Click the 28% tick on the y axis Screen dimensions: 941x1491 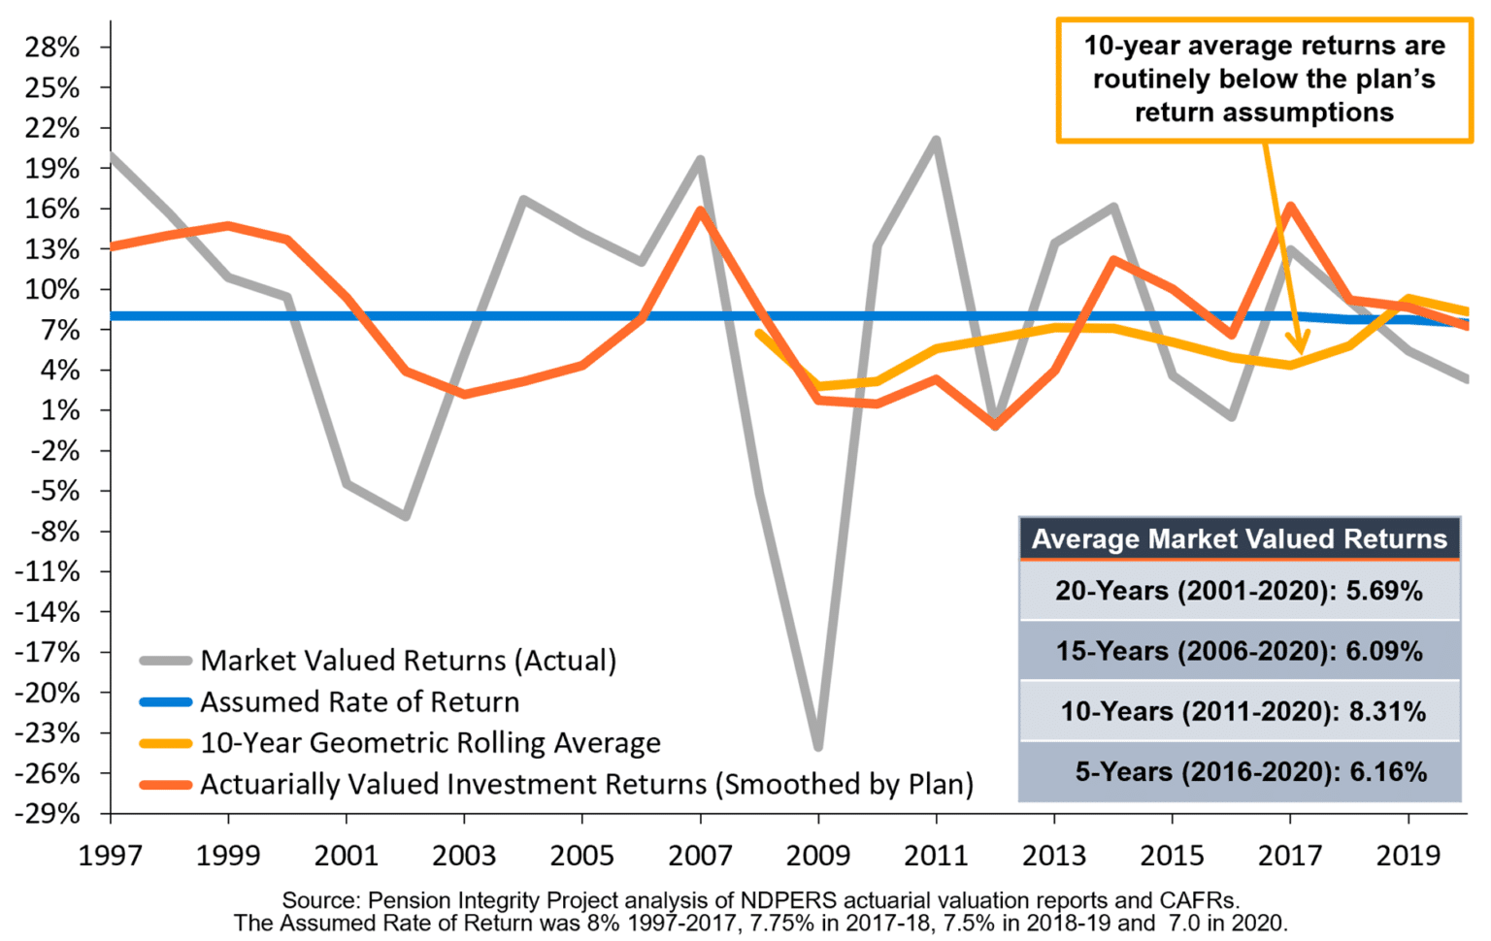click(x=53, y=48)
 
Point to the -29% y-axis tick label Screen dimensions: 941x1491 click(x=49, y=813)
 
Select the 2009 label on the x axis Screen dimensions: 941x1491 click(x=818, y=855)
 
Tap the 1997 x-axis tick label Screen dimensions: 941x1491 click(x=111, y=855)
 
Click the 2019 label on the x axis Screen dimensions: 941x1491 click(x=1408, y=855)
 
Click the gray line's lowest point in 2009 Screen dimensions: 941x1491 click(x=818, y=747)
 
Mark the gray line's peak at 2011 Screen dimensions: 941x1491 click(x=937, y=140)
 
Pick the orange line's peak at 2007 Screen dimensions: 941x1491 click(x=701, y=211)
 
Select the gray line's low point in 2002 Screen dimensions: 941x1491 click(x=406, y=516)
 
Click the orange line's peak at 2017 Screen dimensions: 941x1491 click(x=1290, y=206)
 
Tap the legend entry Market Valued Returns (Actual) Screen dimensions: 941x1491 click(x=408, y=661)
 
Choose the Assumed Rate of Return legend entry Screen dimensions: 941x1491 click(x=359, y=701)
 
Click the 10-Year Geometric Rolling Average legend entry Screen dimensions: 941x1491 click(x=430, y=743)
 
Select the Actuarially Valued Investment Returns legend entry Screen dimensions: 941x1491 click(x=586, y=784)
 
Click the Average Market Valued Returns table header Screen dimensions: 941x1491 click(x=1239, y=539)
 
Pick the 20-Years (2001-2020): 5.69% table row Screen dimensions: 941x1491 click(x=1239, y=590)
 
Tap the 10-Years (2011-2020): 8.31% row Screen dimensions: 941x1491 click(x=1242, y=711)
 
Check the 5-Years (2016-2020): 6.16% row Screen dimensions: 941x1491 click(x=1250, y=772)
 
